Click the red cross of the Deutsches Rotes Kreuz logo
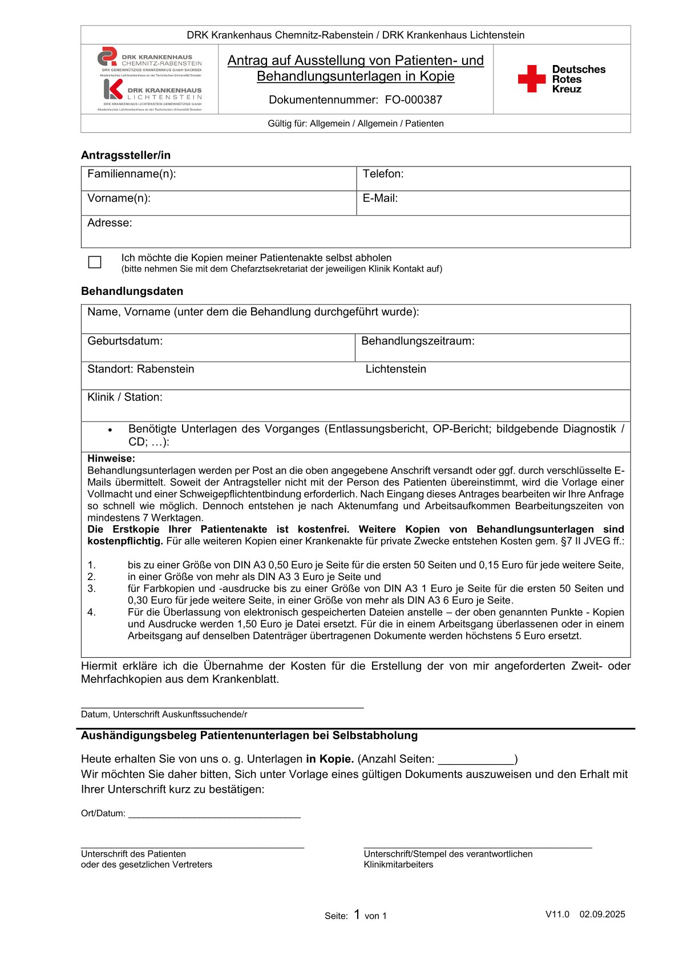click(x=531, y=79)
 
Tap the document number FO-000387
click(x=413, y=100)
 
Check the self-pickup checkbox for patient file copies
click(x=95, y=262)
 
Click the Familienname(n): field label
click(x=131, y=174)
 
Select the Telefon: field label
click(x=383, y=174)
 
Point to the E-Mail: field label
click(x=380, y=199)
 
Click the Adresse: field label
click(x=110, y=223)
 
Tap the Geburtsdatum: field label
click(x=125, y=341)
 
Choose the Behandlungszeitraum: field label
click(x=418, y=341)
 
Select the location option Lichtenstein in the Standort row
click(x=395, y=369)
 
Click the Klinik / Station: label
click(x=125, y=397)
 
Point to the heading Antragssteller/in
click(x=126, y=155)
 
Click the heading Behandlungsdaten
click(x=132, y=291)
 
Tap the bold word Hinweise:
click(x=111, y=459)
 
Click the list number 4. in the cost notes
click(x=91, y=612)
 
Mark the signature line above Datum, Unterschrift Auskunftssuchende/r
click(x=222, y=707)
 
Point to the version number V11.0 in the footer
click(x=557, y=914)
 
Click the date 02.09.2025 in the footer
click(x=602, y=914)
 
